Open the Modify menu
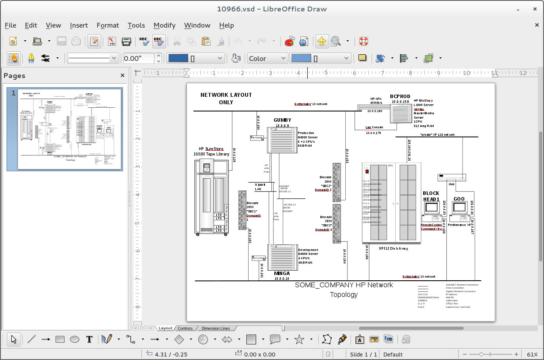(x=164, y=25)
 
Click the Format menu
(x=108, y=25)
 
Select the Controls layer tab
(x=185, y=328)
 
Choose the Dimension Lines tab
(x=215, y=328)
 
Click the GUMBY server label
(x=282, y=120)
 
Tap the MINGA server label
(x=282, y=273)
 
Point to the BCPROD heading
(x=400, y=96)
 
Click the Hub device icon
(x=452, y=177)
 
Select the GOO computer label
(x=459, y=199)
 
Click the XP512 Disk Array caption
(x=393, y=248)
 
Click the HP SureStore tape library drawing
(x=211, y=197)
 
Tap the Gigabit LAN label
(x=260, y=187)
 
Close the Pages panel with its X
(x=123, y=75)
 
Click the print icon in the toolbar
(x=126, y=41)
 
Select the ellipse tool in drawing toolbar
(x=75, y=339)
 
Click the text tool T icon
(x=89, y=339)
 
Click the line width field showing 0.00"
(x=138, y=58)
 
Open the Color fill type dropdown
(x=267, y=58)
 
